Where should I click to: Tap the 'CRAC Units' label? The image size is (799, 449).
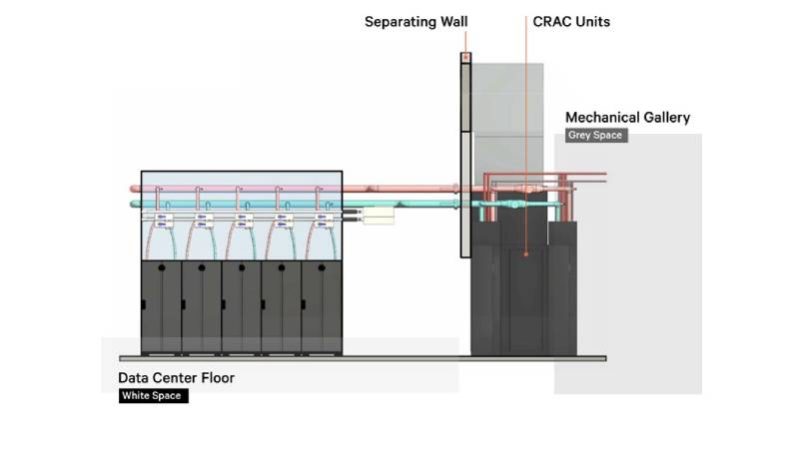pyautogui.click(x=570, y=21)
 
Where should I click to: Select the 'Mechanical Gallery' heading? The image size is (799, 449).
pyautogui.click(x=627, y=118)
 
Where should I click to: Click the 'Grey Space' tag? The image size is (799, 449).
pyautogui.click(x=595, y=135)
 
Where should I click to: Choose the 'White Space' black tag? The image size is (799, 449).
pyautogui.click(x=154, y=396)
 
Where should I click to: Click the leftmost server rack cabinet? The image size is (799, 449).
pyautogui.click(x=161, y=306)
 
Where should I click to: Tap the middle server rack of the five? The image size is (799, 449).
pyautogui.click(x=241, y=306)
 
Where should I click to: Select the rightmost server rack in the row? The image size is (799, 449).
pyautogui.click(x=322, y=306)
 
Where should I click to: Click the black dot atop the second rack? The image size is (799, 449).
pyautogui.click(x=201, y=268)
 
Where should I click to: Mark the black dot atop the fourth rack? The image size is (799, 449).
pyautogui.click(x=282, y=268)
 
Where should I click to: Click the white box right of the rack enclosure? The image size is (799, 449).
pyautogui.click(x=379, y=215)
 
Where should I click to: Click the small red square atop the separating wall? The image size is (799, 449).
pyautogui.click(x=465, y=57)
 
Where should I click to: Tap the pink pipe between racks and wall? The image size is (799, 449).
pyautogui.click(x=399, y=188)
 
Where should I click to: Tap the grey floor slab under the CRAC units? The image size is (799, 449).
pyautogui.click(x=539, y=357)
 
